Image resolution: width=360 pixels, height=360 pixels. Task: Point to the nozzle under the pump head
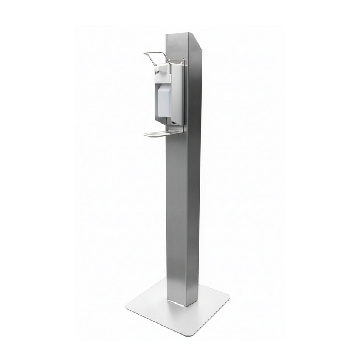(x=157, y=72)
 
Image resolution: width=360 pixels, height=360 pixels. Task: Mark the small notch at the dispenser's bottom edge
(x=173, y=122)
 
